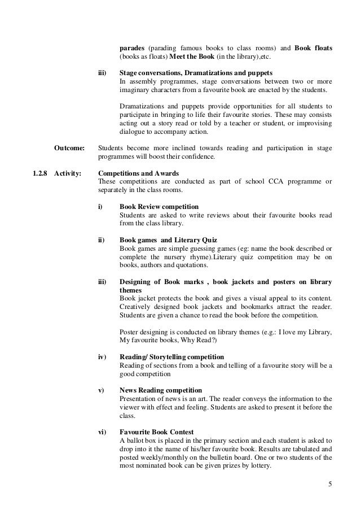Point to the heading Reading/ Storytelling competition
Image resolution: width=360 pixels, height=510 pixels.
tap(172, 357)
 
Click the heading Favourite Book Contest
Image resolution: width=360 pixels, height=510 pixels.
tap(156, 431)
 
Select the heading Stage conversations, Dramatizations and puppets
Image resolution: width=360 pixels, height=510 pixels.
tap(196, 73)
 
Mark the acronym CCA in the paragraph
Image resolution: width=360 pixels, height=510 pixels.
tap(267, 181)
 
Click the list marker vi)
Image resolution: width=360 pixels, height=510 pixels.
tap(102, 431)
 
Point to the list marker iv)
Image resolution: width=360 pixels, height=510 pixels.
tap(103, 357)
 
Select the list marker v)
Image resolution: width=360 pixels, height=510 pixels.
tap(101, 390)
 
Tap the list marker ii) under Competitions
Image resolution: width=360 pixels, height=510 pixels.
tap(101, 239)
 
